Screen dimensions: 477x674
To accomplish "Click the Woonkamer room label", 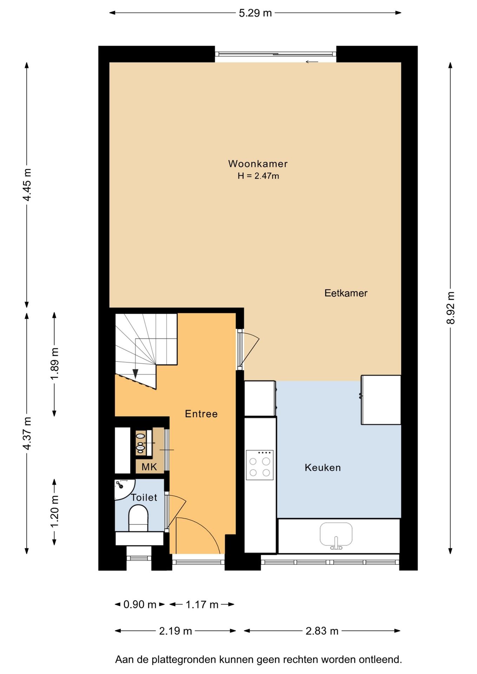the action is [x=258, y=164].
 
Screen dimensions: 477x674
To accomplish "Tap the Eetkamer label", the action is [x=346, y=293].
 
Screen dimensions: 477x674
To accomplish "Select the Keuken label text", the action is [x=323, y=468].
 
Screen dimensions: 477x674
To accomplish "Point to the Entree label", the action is [x=201, y=414].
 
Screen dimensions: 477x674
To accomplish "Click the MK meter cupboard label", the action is [x=149, y=467].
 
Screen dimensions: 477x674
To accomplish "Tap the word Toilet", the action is [x=144, y=497].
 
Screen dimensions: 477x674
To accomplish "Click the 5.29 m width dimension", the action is [x=255, y=13].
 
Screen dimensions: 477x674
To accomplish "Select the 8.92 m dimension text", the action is [x=450, y=308].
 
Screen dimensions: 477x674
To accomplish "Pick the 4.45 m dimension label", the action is [x=27, y=185].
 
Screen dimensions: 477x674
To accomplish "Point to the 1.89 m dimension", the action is [x=54, y=364].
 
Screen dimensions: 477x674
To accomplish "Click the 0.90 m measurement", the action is [x=140, y=604].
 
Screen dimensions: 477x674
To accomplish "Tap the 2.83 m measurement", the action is [x=322, y=631].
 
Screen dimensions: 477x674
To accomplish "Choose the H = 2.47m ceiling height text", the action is [x=258, y=176].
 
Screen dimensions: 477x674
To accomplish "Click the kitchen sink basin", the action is [x=336, y=535].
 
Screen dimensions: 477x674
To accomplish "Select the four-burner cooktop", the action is [x=260, y=465].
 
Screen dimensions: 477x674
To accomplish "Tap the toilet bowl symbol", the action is [x=138, y=518].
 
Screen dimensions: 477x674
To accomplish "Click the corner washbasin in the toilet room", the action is [x=123, y=489].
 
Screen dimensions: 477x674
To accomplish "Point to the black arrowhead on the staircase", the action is [x=135, y=374].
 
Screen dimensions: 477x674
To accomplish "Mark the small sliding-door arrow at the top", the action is [x=312, y=62].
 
